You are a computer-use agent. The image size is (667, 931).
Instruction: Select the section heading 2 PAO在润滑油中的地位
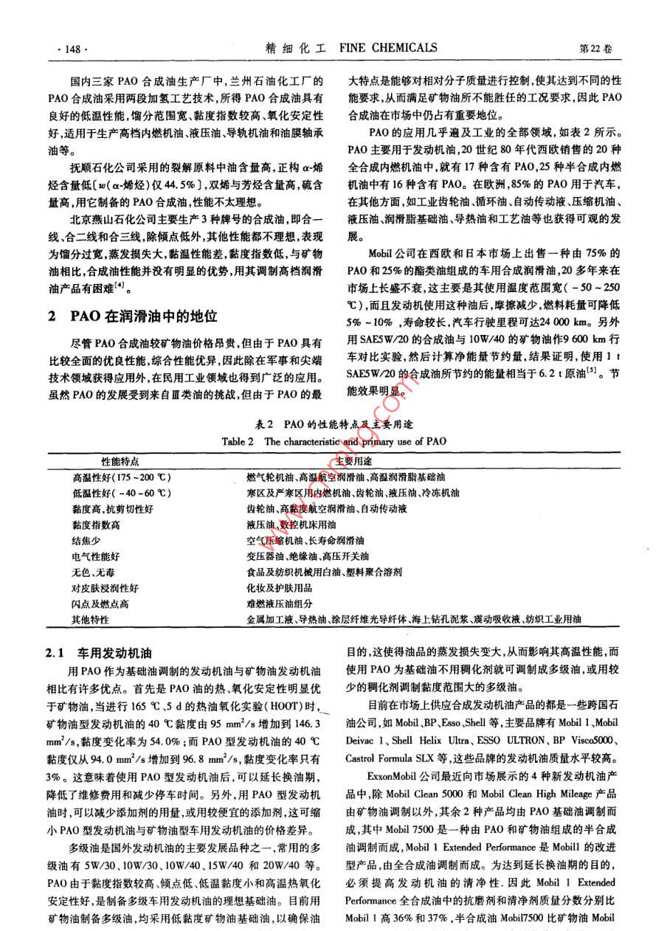tap(133, 316)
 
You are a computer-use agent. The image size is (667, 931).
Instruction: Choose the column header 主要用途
tap(353, 461)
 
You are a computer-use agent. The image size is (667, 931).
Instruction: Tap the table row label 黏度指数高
tap(96, 525)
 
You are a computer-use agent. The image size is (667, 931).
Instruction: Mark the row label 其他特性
tap(89, 619)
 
